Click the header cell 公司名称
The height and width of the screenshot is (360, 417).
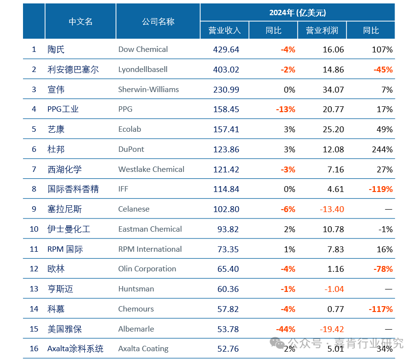(x=158, y=22)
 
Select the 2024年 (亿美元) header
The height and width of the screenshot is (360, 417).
(x=297, y=13)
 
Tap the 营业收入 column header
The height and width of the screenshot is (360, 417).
(x=225, y=30)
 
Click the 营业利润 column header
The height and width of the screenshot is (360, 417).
(x=322, y=30)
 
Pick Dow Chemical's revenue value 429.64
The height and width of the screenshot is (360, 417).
(x=226, y=49)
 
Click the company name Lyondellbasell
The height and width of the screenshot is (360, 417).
(x=142, y=70)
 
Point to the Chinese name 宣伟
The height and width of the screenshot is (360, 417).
(x=56, y=90)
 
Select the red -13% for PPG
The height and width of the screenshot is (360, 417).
(x=286, y=109)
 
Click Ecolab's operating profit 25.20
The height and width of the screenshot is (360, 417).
(x=333, y=129)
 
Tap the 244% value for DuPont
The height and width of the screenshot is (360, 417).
(x=382, y=149)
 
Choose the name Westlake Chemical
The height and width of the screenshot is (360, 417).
(x=151, y=169)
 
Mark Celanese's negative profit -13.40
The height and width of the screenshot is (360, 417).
(x=331, y=209)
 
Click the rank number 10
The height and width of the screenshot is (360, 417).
(x=34, y=229)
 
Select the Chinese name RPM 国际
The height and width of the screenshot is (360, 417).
(x=65, y=249)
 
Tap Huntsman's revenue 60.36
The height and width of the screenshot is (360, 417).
(x=228, y=289)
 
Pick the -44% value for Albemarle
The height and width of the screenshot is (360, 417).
(x=286, y=329)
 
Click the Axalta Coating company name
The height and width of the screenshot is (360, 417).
(x=143, y=349)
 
